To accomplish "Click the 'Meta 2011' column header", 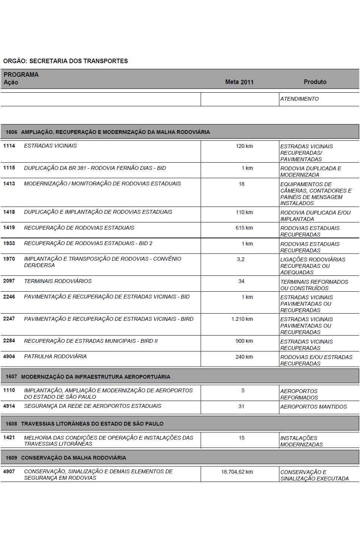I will click(x=239, y=82).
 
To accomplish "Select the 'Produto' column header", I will click(x=315, y=82).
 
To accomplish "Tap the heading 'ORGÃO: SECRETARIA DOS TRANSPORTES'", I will click(x=65, y=61).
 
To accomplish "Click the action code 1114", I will click(x=9, y=146).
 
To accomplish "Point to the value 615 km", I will click(x=244, y=228).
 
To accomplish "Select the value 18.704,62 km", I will click(x=237, y=472).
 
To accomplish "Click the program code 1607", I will click(x=11, y=377).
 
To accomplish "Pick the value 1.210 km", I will click(x=242, y=319).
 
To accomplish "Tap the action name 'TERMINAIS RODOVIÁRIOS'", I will click(x=58, y=281).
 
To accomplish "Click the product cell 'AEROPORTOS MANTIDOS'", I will click(x=313, y=407).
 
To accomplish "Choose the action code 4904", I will click(x=9, y=356).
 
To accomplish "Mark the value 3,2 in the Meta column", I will click(x=241, y=259).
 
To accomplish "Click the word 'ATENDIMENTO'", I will click(x=299, y=99).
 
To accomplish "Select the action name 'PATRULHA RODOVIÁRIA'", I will click(x=55, y=356).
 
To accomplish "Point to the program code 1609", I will click(x=11, y=458).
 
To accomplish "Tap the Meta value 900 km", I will click(x=244, y=341).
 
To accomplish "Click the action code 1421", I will click(x=9, y=437).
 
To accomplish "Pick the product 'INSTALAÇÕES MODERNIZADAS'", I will click(x=301, y=441).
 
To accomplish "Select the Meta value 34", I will click(x=242, y=281).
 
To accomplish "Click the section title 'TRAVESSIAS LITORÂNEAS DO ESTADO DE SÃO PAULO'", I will click(x=92, y=424).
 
